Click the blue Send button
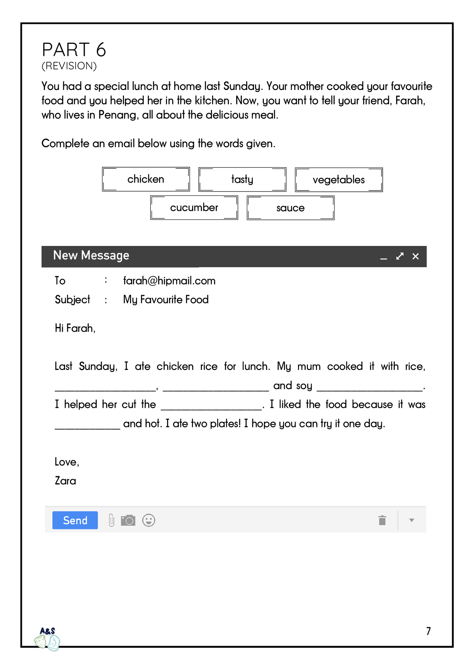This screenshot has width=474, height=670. click(x=75, y=520)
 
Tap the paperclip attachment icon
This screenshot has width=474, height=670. click(x=111, y=520)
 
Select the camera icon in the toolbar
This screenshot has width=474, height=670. click(x=128, y=520)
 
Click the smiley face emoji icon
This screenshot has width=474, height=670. click(x=148, y=520)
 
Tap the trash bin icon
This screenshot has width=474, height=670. click(x=382, y=520)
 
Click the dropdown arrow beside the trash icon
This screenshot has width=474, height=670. click(x=411, y=520)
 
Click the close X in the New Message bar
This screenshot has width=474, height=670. click(x=415, y=256)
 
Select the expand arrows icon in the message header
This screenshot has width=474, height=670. click(x=400, y=256)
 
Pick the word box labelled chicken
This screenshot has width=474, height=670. click(x=146, y=179)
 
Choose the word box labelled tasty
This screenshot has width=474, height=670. click(x=242, y=179)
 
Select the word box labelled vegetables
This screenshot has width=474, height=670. click(x=339, y=180)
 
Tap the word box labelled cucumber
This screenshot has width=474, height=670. click(x=194, y=208)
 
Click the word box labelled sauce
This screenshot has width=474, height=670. click(x=291, y=208)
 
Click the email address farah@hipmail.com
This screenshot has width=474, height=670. click(x=169, y=281)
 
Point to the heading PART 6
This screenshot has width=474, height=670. click(x=74, y=50)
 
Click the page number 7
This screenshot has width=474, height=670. click(x=428, y=631)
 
